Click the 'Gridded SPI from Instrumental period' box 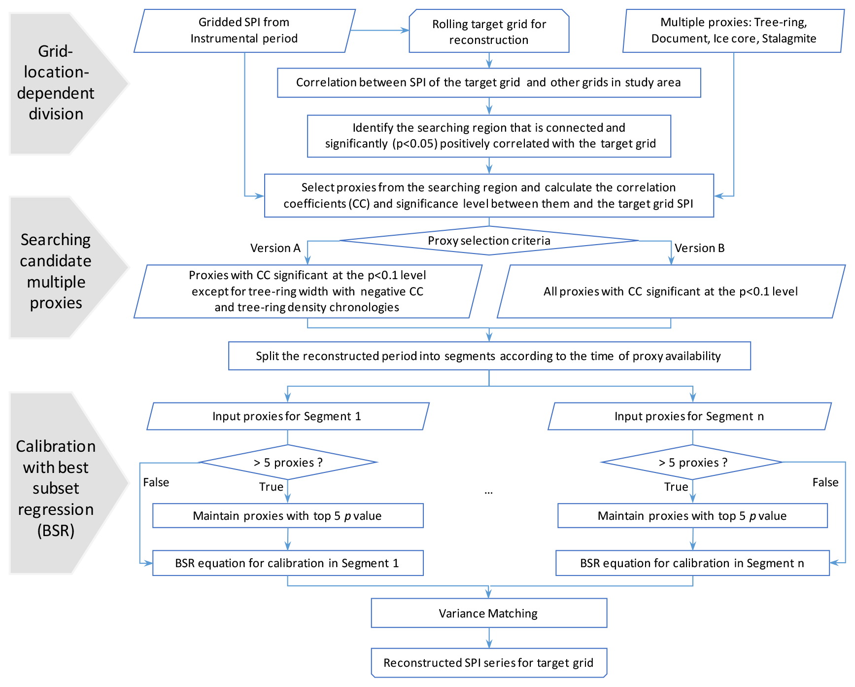244,31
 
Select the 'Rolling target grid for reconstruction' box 489,32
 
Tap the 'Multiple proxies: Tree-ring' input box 733,31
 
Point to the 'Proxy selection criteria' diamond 489,241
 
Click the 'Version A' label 275,248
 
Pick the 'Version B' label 699,248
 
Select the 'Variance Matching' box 488,613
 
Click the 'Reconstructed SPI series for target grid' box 488,662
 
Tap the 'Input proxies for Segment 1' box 288,416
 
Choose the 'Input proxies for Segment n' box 689,416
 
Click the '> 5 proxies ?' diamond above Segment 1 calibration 288,463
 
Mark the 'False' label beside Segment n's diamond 825,482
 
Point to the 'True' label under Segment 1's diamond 271,487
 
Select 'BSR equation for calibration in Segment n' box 692,563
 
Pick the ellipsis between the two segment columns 488,492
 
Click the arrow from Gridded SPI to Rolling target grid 379,31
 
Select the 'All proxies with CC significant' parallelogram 671,291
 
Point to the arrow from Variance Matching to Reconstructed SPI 489,638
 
